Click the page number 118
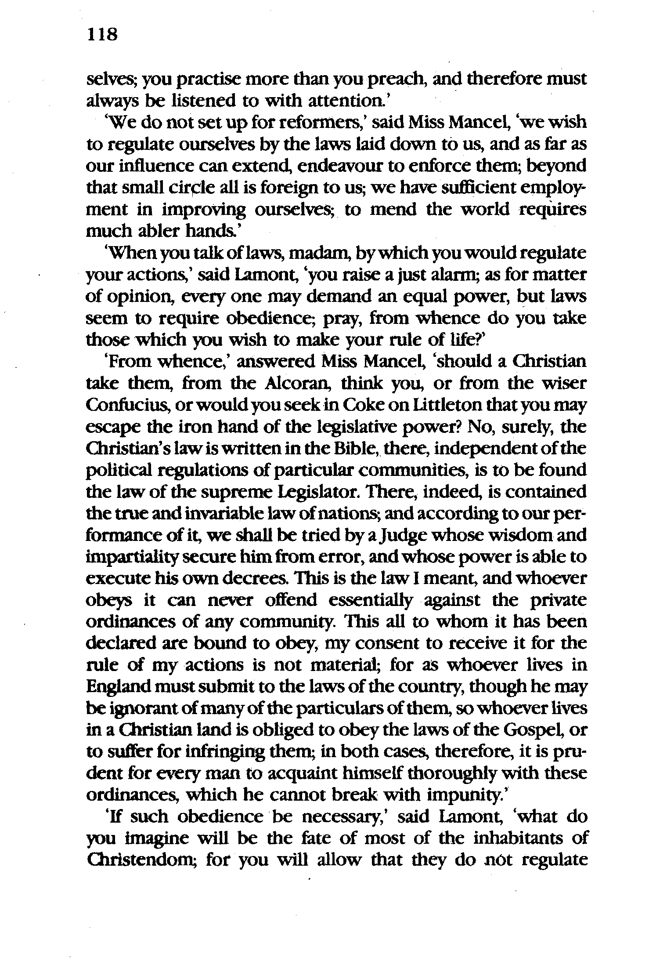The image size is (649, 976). [x=103, y=34]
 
